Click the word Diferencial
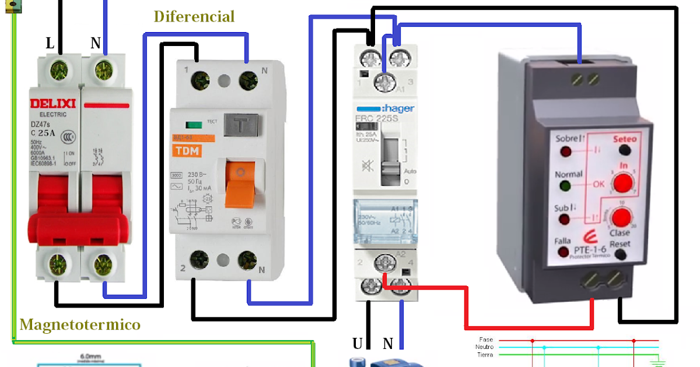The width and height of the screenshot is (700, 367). [x=194, y=16]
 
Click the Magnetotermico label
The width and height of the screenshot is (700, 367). [x=80, y=324]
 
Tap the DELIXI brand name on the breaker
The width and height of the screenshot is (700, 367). [x=53, y=104]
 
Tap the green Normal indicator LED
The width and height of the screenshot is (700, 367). [x=565, y=186]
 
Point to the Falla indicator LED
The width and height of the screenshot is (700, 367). [x=564, y=252]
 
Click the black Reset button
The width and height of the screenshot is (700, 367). [x=620, y=254]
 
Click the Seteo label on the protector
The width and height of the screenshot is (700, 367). [x=625, y=139]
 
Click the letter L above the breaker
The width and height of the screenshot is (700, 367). [x=51, y=44]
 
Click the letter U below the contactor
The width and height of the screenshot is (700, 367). [x=357, y=343]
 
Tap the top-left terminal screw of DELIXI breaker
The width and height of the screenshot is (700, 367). [x=60, y=72]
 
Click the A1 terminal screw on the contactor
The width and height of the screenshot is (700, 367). [x=383, y=80]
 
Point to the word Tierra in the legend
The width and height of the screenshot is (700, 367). [x=485, y=355]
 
